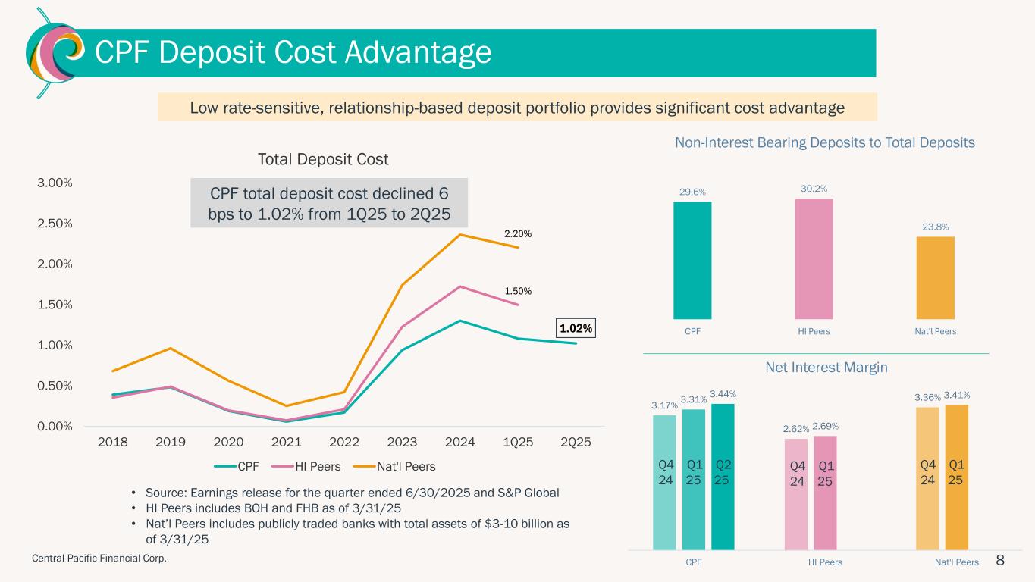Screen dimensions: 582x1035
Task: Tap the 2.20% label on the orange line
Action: click(x=519, y=234)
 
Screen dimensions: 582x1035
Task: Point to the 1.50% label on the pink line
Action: click(x=519, y=291)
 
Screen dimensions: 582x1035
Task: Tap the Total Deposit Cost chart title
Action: click(x=323, y=159)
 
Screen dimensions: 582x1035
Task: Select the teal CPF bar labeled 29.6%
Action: click(x=692, y=260)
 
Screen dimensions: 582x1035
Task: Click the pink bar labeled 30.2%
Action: click(x=814, y=258)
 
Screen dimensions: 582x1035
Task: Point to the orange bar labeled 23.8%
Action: click(x=935, y=277)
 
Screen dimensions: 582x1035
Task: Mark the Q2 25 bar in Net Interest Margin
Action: click(x=723, y=476)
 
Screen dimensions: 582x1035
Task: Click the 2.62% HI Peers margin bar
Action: click(x=796, y=493)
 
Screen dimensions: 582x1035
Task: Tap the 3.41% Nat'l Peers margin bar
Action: click(x=956, y=477)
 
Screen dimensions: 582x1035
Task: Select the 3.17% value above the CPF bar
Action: click(x=664, y=406)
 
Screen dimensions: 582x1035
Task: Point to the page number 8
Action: click(x=1000, y=560)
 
